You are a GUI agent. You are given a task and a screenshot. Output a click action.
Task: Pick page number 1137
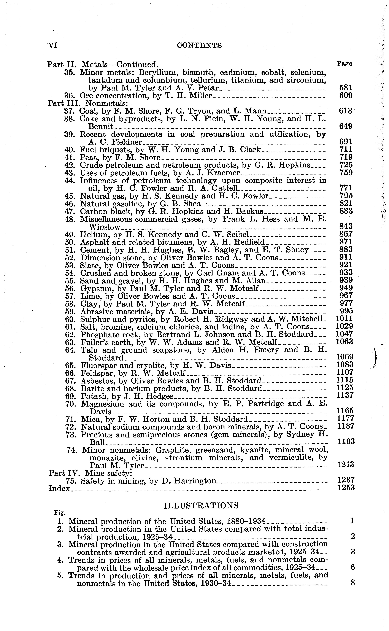point(345,395)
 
